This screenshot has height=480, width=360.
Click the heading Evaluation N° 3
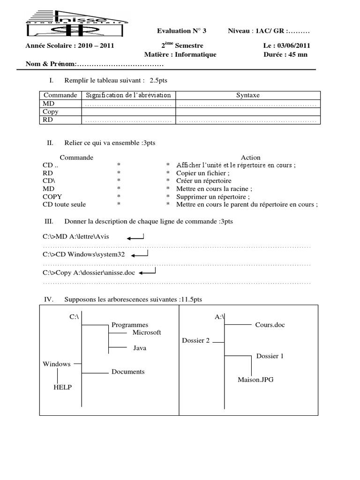tap(181, 31)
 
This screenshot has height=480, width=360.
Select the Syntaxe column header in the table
tap(247, 95)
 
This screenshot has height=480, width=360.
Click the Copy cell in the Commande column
tap(51, 112)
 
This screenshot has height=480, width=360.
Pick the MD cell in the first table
tap(49, 104)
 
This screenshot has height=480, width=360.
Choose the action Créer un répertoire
tap(204, 180)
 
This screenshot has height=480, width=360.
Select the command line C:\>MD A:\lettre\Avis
tap(75, 237)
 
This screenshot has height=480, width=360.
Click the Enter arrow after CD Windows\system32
tap(140, 255)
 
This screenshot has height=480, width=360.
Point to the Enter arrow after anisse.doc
tap(147, 272)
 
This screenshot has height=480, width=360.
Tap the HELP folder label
tap(62, 387)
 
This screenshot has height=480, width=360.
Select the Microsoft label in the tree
tap(146, 332)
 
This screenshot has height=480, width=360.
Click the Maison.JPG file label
tap(255, 380)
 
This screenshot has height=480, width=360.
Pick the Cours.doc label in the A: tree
tap(270, 325)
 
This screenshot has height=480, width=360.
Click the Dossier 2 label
tap(195, 340)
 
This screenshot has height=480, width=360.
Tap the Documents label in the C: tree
tap(128, 372)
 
